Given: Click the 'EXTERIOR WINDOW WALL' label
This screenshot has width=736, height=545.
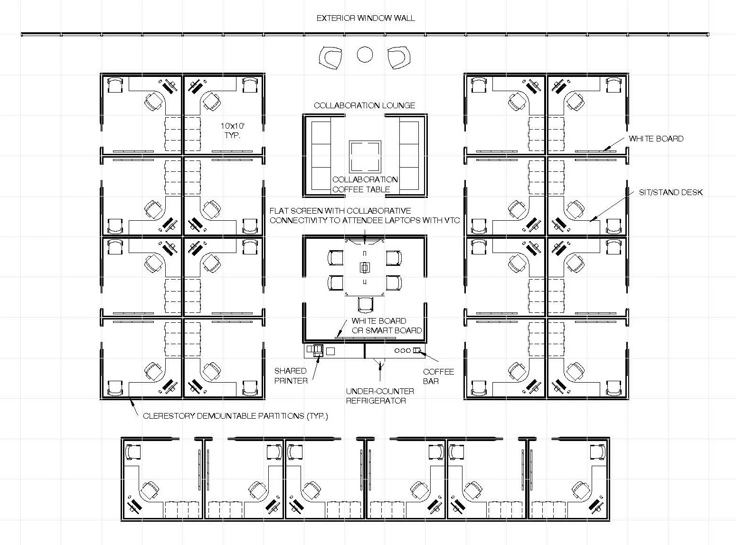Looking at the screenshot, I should pyautogui.click(x=365, y=19).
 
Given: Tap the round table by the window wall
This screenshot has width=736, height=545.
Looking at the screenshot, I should pyautogui.click(x=365, y=55).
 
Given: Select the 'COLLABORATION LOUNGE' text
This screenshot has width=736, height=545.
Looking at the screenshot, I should pyautogui.click(x=364, y=105).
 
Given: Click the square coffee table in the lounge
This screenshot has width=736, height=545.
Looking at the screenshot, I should pyautogui.click(x=365, y=157).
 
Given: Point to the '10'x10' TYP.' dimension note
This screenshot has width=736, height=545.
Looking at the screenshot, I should pyautogui.click(x=232, y=131).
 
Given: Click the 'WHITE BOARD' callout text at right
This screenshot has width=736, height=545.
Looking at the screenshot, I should pyautogui.click(x=656, y=139).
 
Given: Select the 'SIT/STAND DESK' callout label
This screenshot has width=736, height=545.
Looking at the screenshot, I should pyautogui.click(x=670, y=192).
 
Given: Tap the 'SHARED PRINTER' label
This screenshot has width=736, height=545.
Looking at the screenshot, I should pyautogui.click(x=290, y=376).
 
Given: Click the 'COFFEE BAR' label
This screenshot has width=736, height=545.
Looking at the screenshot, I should pyautogui.click(x=438, y=376).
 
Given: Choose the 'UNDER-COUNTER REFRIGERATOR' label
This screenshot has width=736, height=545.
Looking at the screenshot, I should pyautogui.click(x=379, y=396).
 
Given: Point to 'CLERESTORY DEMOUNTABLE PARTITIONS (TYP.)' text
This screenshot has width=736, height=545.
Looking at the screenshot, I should pyautogui.click(x=235, y=416).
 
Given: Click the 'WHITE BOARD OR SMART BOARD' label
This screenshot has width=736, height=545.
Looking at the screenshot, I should pyautogui.click(x=386, y=326).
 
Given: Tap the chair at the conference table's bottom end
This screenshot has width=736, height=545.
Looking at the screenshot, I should pyautogui.click(x=365, y=304).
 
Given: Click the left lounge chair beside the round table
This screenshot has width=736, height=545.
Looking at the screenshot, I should pyautogui.click(x=330, y=57).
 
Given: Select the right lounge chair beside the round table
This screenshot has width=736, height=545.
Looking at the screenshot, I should pyautogui.click(x=398, y=57).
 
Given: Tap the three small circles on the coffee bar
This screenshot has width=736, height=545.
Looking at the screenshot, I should pyautogui.click(x=403, y=350).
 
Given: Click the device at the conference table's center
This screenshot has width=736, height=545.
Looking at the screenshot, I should pyautogui.click(x=364, y=268).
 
